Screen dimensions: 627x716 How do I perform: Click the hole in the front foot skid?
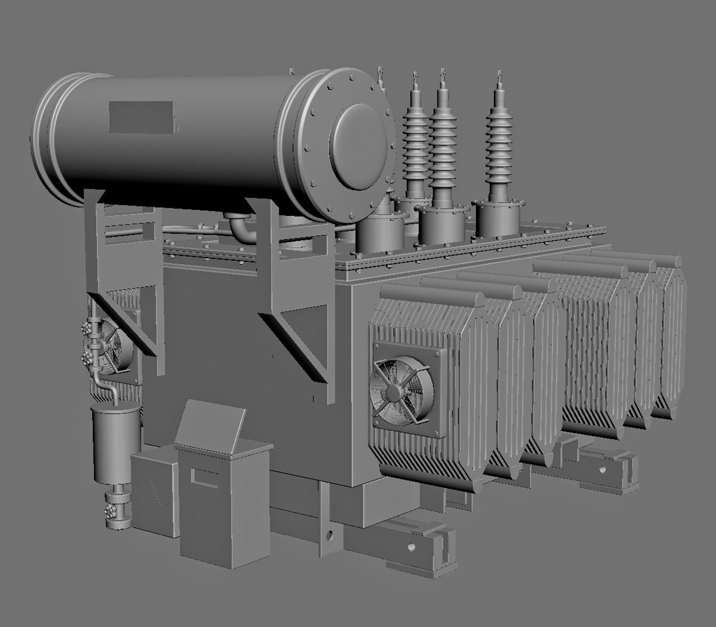(413, 546)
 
